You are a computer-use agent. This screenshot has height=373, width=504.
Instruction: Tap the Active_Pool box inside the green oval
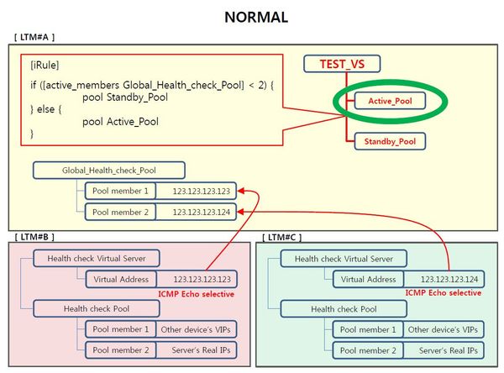389,101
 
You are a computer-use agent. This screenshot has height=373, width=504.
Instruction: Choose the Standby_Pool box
389,141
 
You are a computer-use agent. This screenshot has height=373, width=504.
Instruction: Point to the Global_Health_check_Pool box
97,171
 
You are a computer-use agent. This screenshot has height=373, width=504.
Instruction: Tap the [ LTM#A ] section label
34,39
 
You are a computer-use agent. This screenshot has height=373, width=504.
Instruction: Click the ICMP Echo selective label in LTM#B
196,294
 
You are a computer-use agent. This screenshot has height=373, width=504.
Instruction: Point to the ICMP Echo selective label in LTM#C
444,293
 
